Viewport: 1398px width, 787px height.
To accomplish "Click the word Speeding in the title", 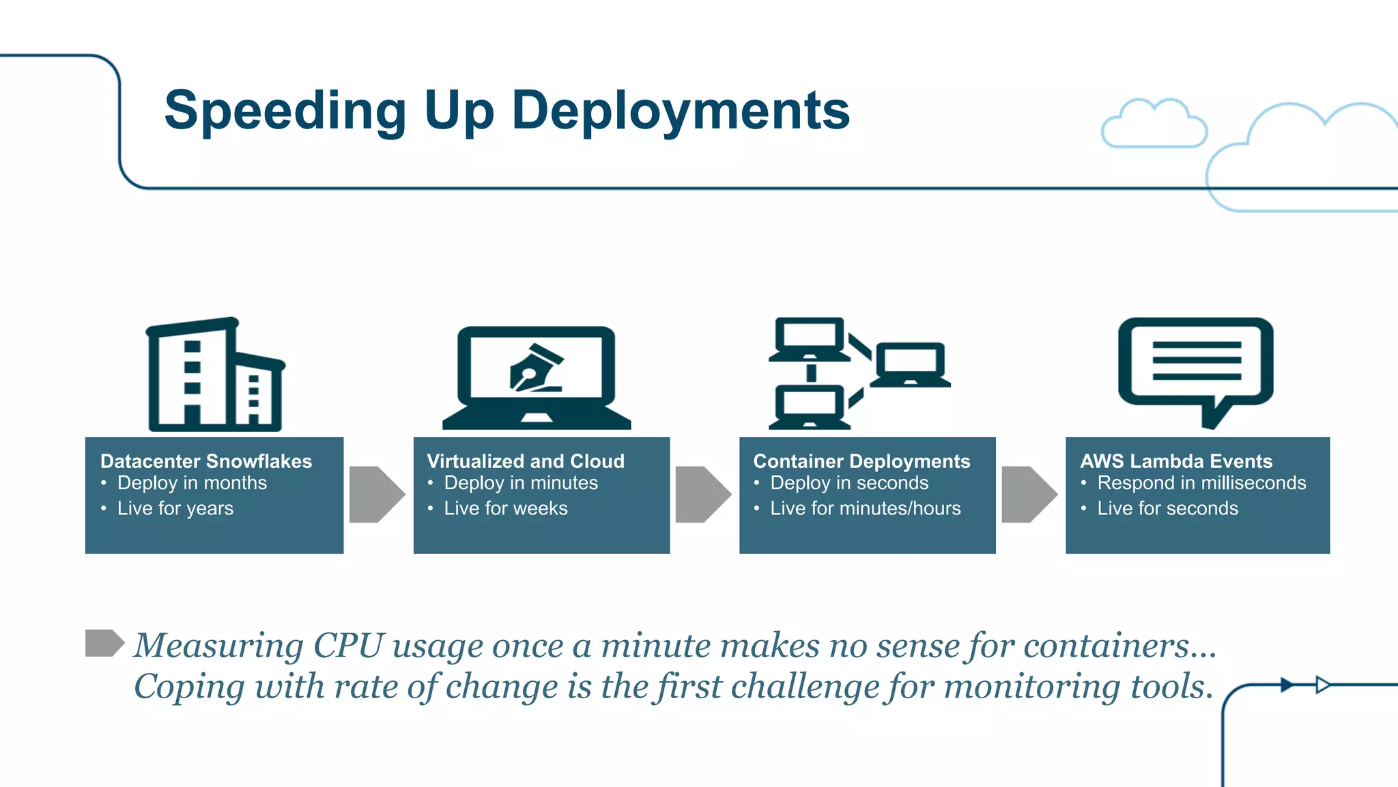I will click(285, 111).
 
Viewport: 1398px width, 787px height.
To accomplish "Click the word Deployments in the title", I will click(681, 111).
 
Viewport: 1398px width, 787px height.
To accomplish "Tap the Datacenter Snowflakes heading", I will click(205, 461).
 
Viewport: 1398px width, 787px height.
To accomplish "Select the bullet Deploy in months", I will click(192, 483).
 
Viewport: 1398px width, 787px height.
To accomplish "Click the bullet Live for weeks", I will click(505, 508).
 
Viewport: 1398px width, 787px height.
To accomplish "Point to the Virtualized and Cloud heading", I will click(525, 461).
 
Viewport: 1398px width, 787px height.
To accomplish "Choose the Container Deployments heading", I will click(861, 461).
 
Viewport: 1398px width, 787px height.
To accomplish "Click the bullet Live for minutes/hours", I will click(865, 508).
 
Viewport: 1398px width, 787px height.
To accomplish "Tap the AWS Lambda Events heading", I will click(1175, 461).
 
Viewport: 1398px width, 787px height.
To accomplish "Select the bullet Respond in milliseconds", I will click(1201, 483).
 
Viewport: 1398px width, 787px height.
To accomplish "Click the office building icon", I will click(215, 375).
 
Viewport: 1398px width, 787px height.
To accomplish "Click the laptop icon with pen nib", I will click(537, 378).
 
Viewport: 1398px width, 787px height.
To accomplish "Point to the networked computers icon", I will click(859, 373).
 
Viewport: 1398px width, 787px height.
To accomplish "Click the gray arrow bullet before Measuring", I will click(104, 643).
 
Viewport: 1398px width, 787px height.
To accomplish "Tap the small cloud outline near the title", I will click(1153, 124).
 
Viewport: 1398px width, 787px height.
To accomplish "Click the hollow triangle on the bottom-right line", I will click(1323, 685).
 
